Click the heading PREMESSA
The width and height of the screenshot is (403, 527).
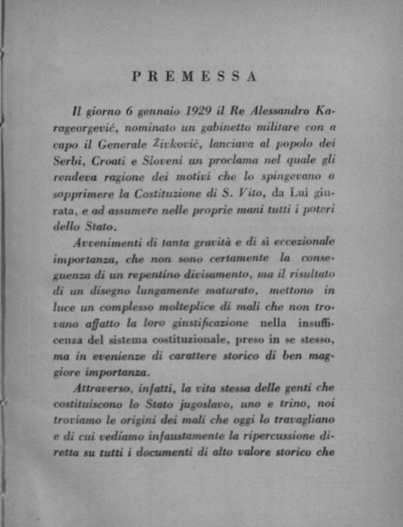194,76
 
